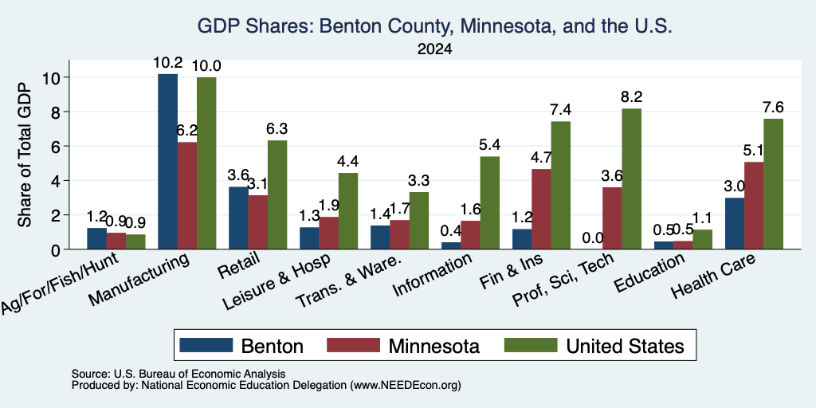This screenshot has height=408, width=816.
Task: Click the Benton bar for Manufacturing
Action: pyautogui.click(x=167, y=161)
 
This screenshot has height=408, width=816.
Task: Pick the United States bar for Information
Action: pyautogui.click(x=490, y=203)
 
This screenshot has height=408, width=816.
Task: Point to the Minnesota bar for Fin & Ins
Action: pyautogui.click(x=541, y=210)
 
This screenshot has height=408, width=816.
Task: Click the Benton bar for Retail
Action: pyautogui.click(x=238, y=218)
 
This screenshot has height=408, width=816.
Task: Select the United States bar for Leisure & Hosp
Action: pyautogui.click(x=348, y=211)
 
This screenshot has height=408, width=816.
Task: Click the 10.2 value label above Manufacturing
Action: pyautogui.click(x=167, y=64)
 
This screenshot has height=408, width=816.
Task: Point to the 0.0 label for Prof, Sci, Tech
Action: pyautogui.click(x=592, y=238)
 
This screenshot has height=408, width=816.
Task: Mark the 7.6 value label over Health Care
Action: pyautogui.click(x=773, y=108)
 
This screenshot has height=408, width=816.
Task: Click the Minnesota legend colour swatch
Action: pyautogui.click(x=353, y=345)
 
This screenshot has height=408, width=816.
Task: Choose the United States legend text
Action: pyautogui.click(x=625, y=346)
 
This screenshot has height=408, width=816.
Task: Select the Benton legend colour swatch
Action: pyautogui.click(x=206, y=345)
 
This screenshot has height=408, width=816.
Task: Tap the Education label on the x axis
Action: pyautogui.click(x=649, y=273)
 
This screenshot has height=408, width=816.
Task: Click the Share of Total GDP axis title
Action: pyautogui.click(x=25, y=155)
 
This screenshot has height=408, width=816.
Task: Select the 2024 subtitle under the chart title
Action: pyautogui.click(x=434, y=49)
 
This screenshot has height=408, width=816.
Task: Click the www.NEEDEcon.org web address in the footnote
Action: pyautogui.click(x=406, y=386)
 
